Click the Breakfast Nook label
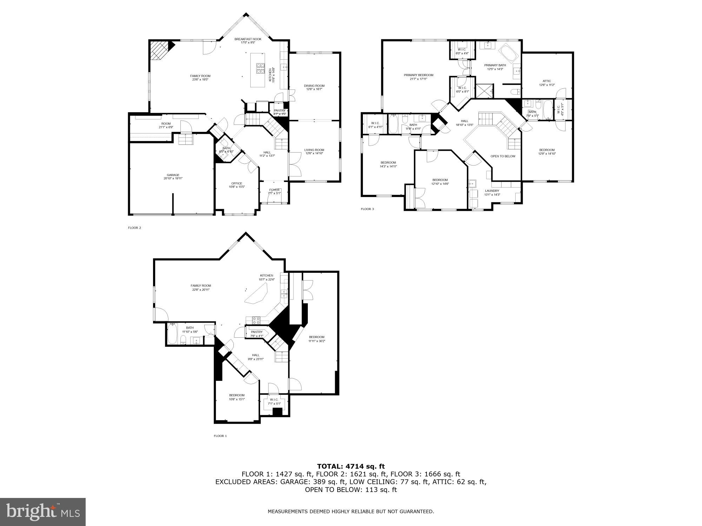click(248, 39)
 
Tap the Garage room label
click(173, 175)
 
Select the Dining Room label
click(314, 86)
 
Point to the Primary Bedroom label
click(418, 75)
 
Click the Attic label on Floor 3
click(547, 81)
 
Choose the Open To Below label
click(503, 156)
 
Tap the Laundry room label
click(492, 191)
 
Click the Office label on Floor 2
click(237, 183)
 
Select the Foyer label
click(274, 190)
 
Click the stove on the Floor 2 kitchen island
click(260, 69)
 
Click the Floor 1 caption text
click(220, 436)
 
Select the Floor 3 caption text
click(367, 209)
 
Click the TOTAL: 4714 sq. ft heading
click(351, 466)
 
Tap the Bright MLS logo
click(42, 512)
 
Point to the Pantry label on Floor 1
click(257, 332)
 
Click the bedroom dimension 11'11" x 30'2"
click(317, 341)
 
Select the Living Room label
click(314, 150)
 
